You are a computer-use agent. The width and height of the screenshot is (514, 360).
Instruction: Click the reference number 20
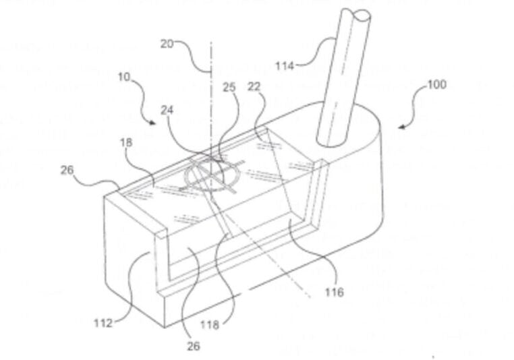[167, 44]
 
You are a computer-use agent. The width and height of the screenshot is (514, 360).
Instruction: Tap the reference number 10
[124, 78]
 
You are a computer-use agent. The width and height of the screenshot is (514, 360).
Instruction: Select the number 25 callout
[229, 87]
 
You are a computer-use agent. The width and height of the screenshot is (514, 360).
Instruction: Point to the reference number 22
[254, 86]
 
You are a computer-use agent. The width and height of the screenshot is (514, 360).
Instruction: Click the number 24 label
[167, 111]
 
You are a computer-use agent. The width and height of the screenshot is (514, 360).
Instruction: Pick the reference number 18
[127, 142]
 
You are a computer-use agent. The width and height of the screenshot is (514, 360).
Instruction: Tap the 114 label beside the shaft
[285, 66]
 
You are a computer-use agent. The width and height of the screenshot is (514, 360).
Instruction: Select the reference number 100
[437, 84]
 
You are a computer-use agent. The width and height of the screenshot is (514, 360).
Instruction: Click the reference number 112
[103, 324]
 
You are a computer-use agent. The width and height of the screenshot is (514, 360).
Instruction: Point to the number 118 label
[210, 325]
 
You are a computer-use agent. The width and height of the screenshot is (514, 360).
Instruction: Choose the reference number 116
[335, 291]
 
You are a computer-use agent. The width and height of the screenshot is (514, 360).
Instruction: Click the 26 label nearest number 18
[67, 170]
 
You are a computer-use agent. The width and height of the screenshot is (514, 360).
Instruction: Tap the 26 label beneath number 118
[193, 346]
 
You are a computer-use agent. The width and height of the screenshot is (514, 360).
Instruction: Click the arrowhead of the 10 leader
[153, 123]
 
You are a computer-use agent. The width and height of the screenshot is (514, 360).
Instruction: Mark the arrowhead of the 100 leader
[401, 127]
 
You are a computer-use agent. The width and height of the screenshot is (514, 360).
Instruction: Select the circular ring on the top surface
[212, 174]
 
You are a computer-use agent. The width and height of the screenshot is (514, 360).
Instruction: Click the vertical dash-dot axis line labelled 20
[210, 111]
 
